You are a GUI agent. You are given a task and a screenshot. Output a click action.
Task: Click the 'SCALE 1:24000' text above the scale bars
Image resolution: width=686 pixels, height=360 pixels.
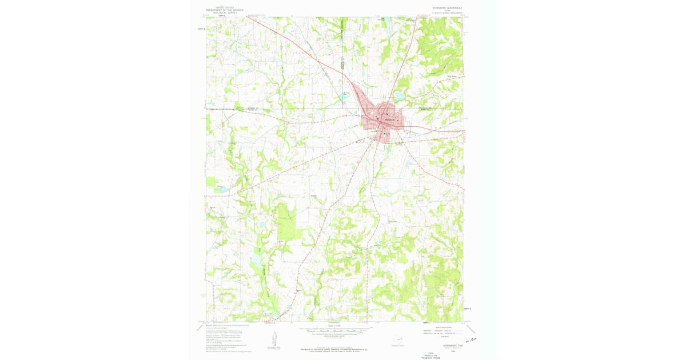pyautogui.click(x=336, y=326)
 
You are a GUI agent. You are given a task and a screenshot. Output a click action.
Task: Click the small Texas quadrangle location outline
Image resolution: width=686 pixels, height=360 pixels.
pyautogui.click(x=397, y=340)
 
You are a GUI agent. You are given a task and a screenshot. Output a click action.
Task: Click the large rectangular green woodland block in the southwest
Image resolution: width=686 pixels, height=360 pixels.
pyautogui.click(x=286, y=221)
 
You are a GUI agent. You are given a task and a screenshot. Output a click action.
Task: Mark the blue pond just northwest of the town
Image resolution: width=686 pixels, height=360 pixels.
pyautogui.click(x=344, y=98)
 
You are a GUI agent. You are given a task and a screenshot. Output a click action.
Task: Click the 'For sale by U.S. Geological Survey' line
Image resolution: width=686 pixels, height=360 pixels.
pyautogui.click(x=336, y=348)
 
